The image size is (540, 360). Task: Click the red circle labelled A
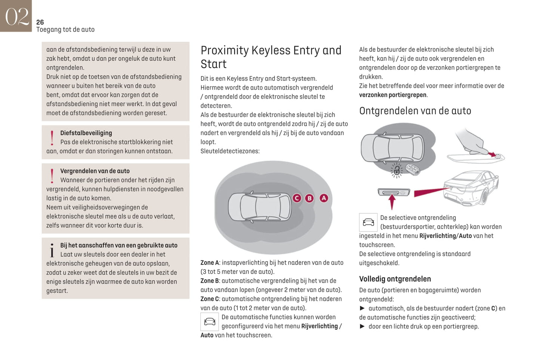(x=324, y=198)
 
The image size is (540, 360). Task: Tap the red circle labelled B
(x=309, y=198)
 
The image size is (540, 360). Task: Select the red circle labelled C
(x=297, y=198)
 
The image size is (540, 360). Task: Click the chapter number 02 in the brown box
(x=16, y=16)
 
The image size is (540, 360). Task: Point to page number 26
(x=40, y=22)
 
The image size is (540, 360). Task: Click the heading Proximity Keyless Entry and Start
(x=271, y=57)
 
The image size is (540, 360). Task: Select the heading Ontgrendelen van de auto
(x=415, y=111)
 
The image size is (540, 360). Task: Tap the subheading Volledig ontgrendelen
(x=395, y=279)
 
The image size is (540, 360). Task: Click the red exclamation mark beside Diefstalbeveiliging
(x=52, y=138)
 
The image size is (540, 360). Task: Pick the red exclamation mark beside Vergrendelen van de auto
(x=52, y=176)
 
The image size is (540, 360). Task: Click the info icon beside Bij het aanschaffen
(x=52, y=250)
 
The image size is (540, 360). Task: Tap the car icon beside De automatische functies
(x=210, y=322)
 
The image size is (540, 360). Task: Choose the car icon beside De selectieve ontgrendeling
(x=368, y=222)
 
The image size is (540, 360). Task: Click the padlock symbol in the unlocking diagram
(x=396, y=171)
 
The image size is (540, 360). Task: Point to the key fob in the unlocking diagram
(x=412, y=169)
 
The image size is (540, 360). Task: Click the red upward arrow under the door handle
(x=392, y=202)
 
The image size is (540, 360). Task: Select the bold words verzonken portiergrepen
(x=392, y=95)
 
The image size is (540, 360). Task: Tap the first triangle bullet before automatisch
(x=362, y=308)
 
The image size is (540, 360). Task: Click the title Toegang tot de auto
(x=65, y=30)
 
